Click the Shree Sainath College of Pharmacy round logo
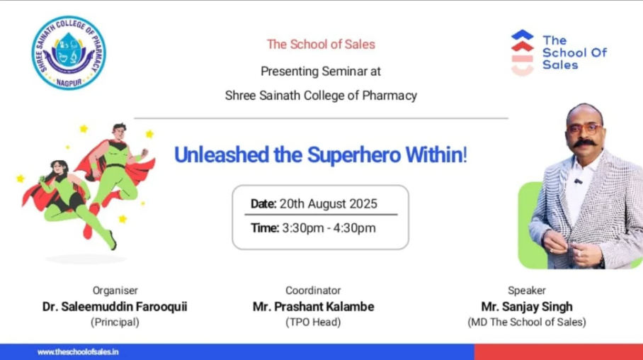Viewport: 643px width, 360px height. [x=69, y=52]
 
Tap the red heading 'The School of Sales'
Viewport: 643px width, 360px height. [x=321, y=45]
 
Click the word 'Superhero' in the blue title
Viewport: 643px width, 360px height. [x=353, y=155]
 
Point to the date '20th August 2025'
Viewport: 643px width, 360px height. [x=328, y=204]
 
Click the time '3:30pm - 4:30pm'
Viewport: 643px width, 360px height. [x=329, y=228]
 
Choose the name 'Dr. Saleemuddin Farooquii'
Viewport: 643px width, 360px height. [x=115, y=307]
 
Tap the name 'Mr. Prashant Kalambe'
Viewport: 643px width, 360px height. [x=313, y=307]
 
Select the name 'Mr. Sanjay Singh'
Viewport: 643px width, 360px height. [x=527, y=307]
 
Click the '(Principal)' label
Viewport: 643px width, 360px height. [x=115, y=322]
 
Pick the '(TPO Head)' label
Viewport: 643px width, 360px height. [x=313, y=322]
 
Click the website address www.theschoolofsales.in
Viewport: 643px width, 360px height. [x=78, y=351]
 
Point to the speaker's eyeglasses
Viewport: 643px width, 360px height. [x=584, y=128]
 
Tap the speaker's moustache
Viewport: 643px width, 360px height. [x=584, y=143]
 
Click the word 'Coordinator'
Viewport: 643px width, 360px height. [x=313, y=291]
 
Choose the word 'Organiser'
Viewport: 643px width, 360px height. [x=115, y=291]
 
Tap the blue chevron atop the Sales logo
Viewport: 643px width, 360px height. [x=523, y=35]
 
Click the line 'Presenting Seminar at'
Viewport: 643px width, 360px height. [x=321, y=72]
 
